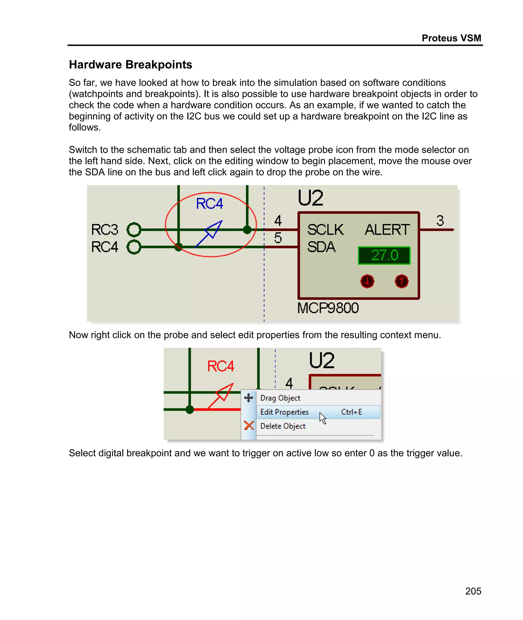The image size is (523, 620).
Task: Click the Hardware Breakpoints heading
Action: [130, 65]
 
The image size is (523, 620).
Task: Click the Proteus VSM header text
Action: [451, 38]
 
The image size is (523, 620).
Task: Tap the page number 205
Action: [473, 591]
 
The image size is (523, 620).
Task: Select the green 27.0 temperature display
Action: [384, 255]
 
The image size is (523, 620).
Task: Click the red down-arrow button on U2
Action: [367, 281]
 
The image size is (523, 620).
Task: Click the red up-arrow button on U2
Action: [401, 281]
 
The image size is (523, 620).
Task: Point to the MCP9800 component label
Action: [328, 308]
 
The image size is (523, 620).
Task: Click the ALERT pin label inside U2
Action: [387, 230]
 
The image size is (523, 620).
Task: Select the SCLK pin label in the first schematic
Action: [325, 230]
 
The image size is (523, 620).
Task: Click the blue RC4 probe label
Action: [209, 204]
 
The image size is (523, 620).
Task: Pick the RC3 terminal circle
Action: [134, 229]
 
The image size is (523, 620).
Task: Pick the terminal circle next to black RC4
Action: [134, 247]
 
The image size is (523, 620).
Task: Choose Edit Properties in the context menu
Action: [284, 412]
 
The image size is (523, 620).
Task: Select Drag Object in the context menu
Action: [280, 398]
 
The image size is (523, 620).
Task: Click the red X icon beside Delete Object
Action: [249, 426]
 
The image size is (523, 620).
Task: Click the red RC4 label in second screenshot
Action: [221, 366]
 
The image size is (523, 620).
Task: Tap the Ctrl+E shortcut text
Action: [351, 412]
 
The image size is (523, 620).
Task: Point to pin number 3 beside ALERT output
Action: [440, 221]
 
